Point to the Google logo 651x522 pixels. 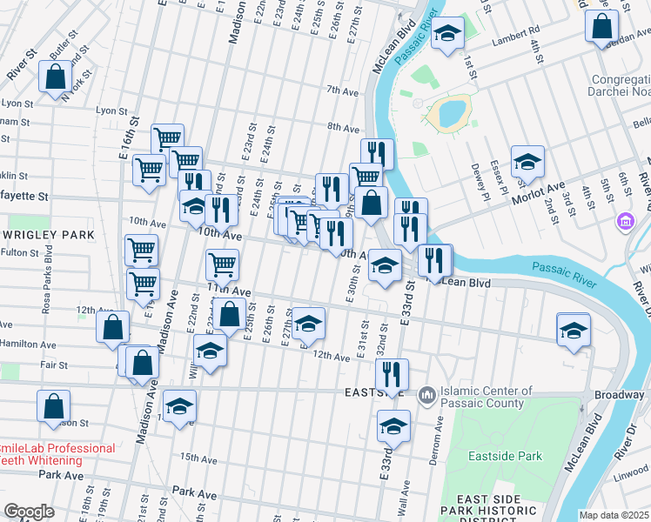(29, 512)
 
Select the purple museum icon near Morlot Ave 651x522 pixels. (624, 222)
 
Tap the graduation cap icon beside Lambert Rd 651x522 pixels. (447, 34)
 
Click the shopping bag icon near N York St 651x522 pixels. (55, 76)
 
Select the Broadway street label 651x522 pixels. (619, 395)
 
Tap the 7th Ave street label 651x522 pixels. (343, 90)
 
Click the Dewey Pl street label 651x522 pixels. (476, 176)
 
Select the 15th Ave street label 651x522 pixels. (197, 457)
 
